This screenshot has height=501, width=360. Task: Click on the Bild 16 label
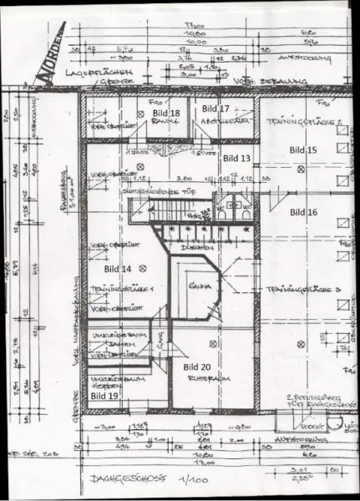pos(303,212)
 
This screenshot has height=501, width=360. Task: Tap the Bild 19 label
pos(104,395)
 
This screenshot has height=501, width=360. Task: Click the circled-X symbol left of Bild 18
pos(137,114)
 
